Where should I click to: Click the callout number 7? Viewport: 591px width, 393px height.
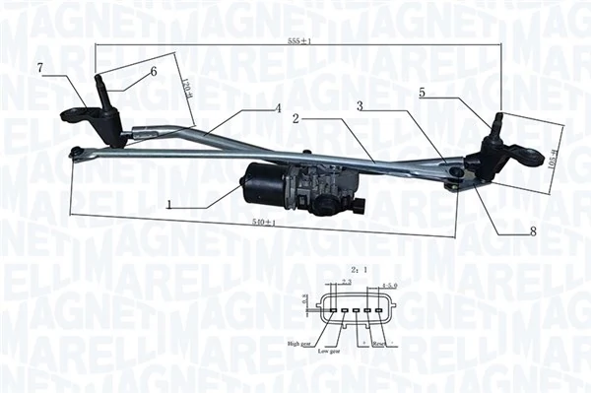tap(40, 67)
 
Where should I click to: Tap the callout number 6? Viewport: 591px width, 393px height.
tap(154, 72)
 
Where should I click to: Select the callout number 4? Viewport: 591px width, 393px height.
tap(279, 107)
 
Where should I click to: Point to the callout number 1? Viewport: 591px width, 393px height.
tap(169, 206)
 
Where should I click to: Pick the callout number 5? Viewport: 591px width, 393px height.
tap(422, 93)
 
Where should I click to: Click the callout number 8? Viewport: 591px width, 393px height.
tap(534, 232)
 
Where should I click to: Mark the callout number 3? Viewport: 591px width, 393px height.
tap(361, 105)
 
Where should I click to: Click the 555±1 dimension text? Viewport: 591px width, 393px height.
tap(299, 42)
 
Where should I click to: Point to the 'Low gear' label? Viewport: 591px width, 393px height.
tap(329, 350)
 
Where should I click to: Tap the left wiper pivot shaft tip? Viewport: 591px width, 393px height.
tap(100, 79)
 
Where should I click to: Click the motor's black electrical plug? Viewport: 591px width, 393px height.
tap(360, 207)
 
